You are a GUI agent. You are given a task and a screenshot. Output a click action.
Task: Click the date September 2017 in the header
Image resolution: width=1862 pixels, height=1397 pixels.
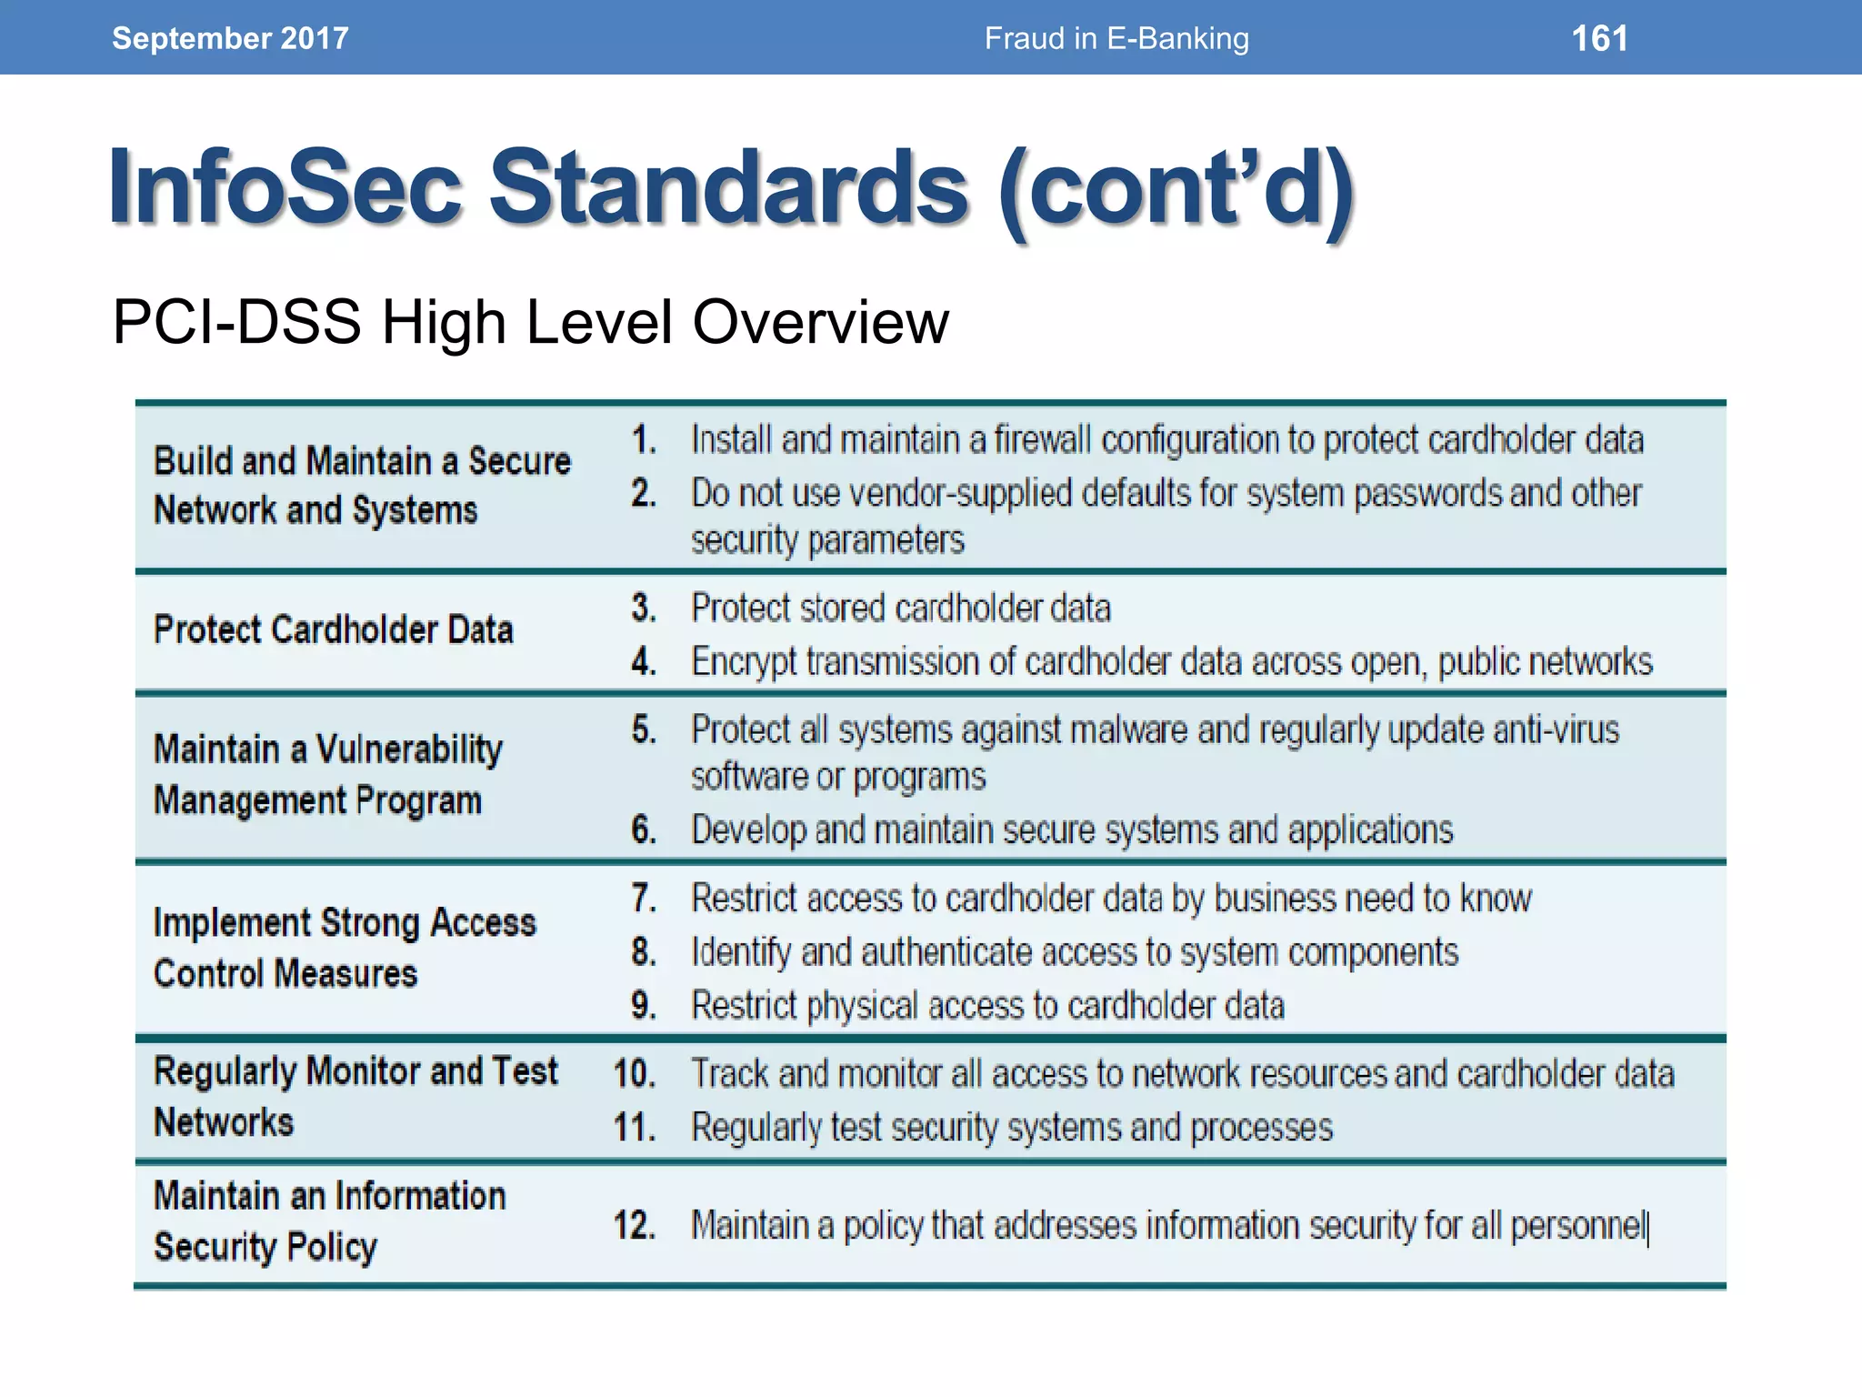[x=230, y=38]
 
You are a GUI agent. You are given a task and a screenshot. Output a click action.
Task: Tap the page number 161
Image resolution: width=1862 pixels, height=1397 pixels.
[x=1599, y=38]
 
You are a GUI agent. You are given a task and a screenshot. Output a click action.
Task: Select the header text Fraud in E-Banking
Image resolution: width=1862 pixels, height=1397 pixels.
[x=1116, y=38]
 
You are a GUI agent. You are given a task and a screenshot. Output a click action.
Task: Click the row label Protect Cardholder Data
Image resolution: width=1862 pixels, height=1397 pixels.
[x=333, y=629]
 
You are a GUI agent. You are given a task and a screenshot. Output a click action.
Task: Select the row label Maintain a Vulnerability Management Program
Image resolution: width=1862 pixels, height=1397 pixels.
[x=327, y=775]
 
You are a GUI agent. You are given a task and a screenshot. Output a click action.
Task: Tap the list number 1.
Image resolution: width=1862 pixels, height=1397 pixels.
[x=644, y=440]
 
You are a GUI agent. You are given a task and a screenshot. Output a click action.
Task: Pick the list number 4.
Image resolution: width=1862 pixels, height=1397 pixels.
[x=644, y=661]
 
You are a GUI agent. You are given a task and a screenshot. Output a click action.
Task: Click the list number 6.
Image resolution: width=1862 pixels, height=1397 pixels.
[x=644, y=829]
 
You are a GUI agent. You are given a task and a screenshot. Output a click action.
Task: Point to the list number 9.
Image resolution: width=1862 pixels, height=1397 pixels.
[x=644, y=1005]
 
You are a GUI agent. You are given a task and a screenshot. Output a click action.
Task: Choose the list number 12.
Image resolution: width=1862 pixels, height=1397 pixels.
[x=635, y=1225]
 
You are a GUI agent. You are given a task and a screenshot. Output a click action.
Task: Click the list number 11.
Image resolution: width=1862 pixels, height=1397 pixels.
[x=635, y=1128]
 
